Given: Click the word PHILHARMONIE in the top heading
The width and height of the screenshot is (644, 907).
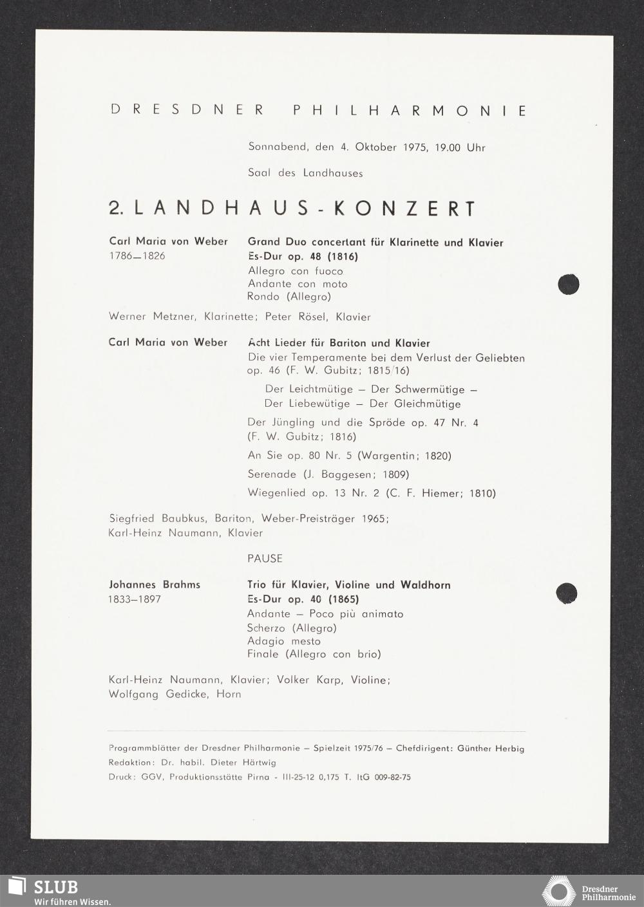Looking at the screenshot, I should (410, 110).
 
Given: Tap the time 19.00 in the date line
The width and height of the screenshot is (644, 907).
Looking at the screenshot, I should (448, 147).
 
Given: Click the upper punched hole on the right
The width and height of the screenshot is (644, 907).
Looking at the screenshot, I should (568, 284).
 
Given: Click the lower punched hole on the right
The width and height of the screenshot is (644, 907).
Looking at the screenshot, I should (566, 593).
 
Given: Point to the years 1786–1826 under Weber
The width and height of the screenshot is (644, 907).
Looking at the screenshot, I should (137, 256).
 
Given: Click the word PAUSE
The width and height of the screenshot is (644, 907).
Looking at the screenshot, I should (265, 558).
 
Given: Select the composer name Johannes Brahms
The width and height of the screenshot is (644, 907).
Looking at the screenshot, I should (155, 584).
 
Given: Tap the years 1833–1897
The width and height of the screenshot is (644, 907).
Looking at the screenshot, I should (135, 599).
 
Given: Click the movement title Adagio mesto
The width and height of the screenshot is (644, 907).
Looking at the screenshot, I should (284, 641).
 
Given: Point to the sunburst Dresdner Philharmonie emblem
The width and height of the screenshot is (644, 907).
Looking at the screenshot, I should (558, 892).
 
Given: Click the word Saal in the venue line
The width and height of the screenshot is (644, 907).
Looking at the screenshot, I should (260, 173).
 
